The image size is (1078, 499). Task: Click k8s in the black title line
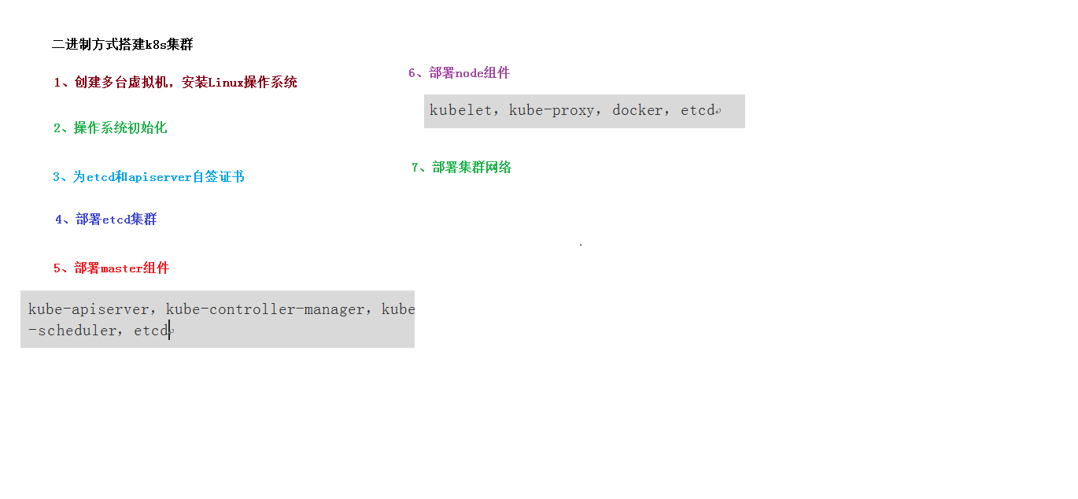coord(156,45)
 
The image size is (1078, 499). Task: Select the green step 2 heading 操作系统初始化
coord(120,128)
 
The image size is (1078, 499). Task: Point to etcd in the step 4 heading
coord(116,220)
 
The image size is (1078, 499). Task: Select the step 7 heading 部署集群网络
coord(471,167)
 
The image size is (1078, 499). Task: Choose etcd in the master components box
coord(151,331)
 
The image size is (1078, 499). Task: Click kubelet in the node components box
coord(460,110)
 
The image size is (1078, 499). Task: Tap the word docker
coord(637,110)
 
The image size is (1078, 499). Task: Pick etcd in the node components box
coord(697,110)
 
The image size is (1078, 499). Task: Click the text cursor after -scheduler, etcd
coord(169,331)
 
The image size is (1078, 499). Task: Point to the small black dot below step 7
coord(581,245)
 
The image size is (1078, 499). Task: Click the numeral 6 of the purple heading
coord(412,73)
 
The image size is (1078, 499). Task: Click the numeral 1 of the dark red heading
coord(57,82)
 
